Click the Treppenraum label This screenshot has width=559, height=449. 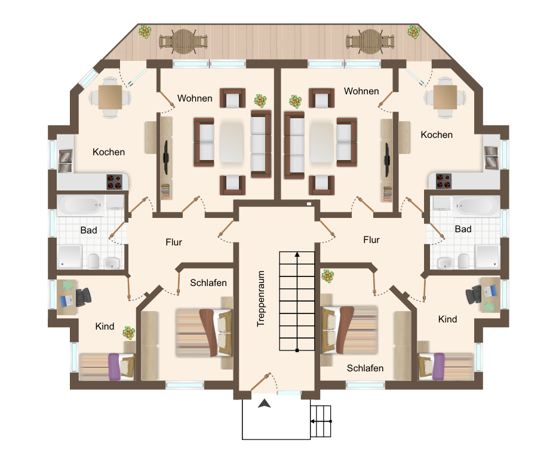tap(261, 299)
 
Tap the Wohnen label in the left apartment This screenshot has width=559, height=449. tap(195, 98)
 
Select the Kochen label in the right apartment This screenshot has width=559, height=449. tap(437, 135)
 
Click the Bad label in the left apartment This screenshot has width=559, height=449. tap(89, 230)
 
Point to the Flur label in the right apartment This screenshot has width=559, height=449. tap(371, 240)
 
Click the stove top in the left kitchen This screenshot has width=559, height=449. tap(115, 182)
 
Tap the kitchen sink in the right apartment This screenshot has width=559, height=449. tap(492, 157)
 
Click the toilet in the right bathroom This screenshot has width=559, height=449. tap(463, 261)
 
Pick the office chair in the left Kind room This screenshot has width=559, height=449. tap(83, 297)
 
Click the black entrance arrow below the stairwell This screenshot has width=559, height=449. tap(265, 404)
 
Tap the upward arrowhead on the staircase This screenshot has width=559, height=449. tap(297, 254)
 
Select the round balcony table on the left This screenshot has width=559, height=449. tap(183, 41)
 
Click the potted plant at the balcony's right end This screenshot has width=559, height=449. tap(413, 32)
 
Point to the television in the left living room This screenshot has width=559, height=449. tap(166, 157)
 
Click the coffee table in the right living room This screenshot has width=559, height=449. tap(321, 143)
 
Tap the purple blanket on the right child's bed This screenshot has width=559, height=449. tap(438, 367)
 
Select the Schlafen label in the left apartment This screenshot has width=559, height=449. tap(208, 282)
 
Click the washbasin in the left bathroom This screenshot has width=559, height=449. tap(112, 263)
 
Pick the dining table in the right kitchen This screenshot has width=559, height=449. tap(445, 97)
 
